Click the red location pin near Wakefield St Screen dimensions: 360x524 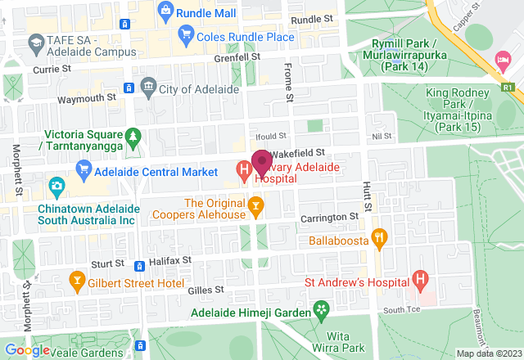pyautogui.click(x=261, y=161)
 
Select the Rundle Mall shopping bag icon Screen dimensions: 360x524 pyautogui.click(x=166, y=12)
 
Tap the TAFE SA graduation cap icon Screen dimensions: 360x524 pyautogui.click(x=36, y=41)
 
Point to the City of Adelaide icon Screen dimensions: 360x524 pyautogui.click(x=148, y=85)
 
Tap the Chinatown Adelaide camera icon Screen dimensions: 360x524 pyautogui.click(x=56, y=187)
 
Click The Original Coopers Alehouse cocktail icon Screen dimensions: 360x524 pyautogui.click(x=256, y=205)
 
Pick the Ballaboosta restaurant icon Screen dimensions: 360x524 pyautogui.click(x=379, y=238)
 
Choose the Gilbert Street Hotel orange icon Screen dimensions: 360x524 pyautogui.click(x=78, y=281)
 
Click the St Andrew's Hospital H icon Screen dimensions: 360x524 pyautogui.click(x=420, y=281)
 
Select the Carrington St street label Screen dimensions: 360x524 pyautogui.click(x=329, y=217)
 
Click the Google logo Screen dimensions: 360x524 pyautogui.click(x=26, y=350)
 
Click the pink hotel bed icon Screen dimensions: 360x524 pyautogui.click(x=501, y=60)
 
